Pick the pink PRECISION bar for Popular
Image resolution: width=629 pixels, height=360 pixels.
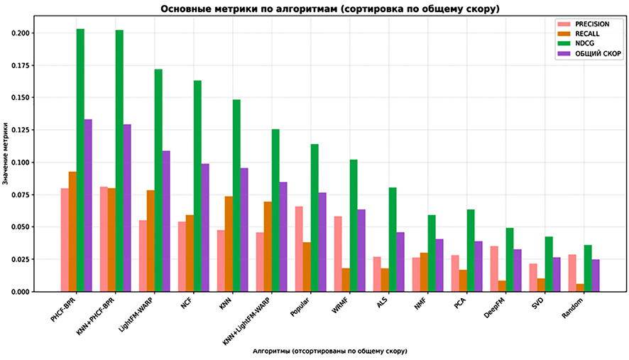pos(299,249)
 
